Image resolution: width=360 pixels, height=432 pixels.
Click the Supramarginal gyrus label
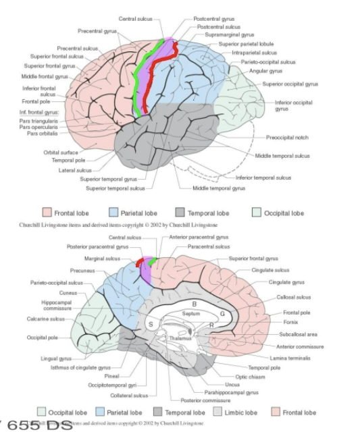pyautogui.click(x=230, y=34)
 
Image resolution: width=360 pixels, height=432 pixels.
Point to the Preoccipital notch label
pyautogui.click(x=287, y=137)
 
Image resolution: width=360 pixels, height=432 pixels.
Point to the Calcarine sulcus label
pyautogui.click(x=47, y=318)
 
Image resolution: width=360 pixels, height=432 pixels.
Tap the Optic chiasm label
pyautogui.click(x=249, y=376)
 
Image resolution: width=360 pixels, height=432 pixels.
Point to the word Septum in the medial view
pyautogui.click(x=190, y=314)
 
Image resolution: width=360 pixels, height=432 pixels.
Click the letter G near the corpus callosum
pyautogui.click(x=222, y=314)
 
